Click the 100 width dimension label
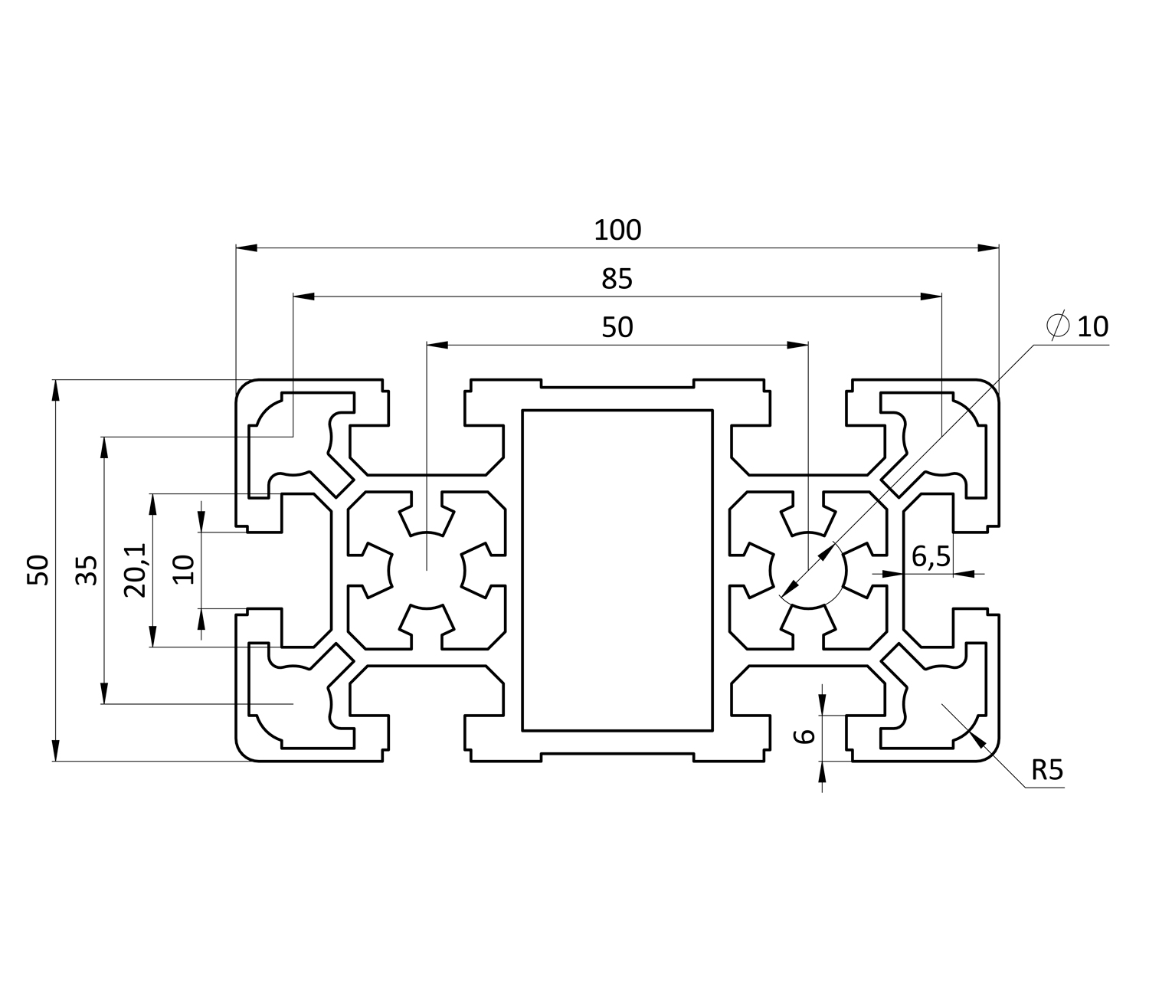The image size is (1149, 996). point(617,230)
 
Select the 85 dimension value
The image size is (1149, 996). point(617,279)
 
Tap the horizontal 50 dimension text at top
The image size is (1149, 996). point(617,327)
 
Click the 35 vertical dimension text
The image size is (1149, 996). point(88,570)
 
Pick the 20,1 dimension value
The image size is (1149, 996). point(135,570)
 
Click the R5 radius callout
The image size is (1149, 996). point(1046,769)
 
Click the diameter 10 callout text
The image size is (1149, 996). point(1092,327)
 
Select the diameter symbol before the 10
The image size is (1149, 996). point(1058,326)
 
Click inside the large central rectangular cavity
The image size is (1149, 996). point(617,570)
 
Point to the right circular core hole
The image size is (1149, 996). point(808,571)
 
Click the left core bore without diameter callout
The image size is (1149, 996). point(426,571)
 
